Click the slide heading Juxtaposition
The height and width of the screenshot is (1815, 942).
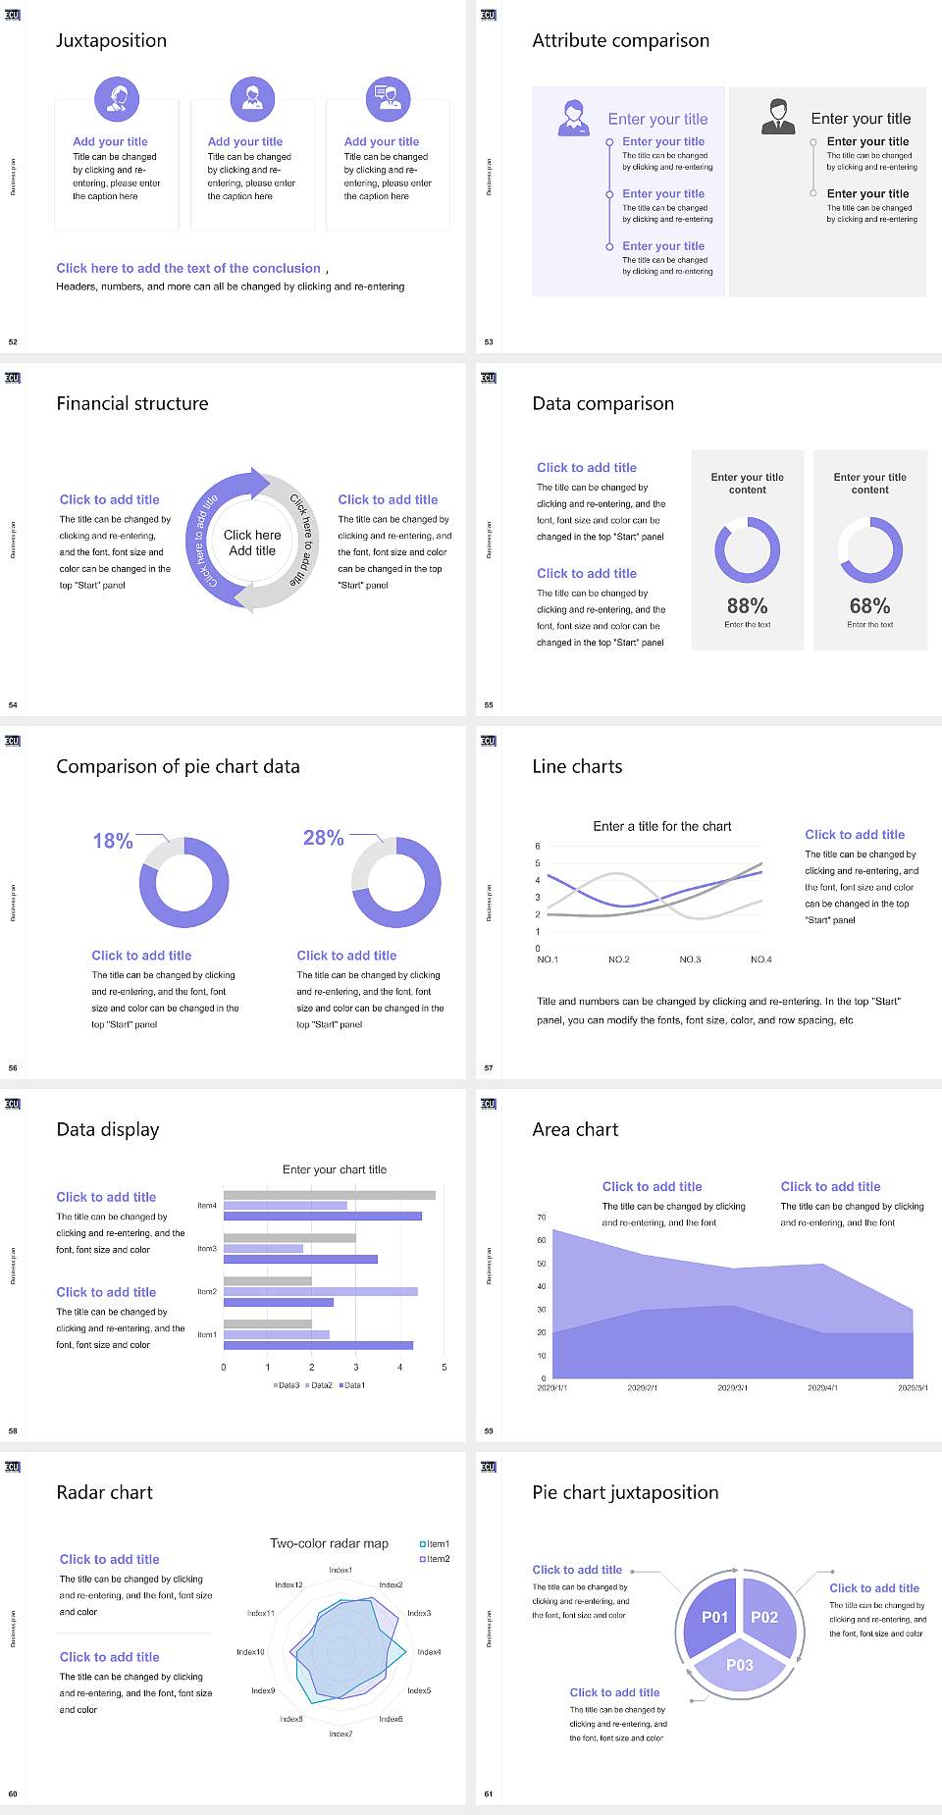point(111,40)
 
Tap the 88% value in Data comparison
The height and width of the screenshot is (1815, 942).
point(747,605)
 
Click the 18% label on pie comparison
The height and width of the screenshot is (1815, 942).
point(112,841)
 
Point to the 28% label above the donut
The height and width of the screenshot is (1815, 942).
point(323,837)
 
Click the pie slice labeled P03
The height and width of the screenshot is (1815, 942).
point(739,1665)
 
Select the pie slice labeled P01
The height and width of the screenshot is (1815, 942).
point(714,1617)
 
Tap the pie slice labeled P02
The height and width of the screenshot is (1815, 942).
point(764,1617)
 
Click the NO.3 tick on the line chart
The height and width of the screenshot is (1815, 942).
point(690,959)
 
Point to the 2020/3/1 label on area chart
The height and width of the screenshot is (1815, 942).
point(732,1387)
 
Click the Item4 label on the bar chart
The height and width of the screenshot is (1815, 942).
point(207,1205)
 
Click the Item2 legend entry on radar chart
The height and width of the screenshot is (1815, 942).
point(435,1558)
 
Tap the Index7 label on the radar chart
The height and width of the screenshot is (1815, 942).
point(340,1734)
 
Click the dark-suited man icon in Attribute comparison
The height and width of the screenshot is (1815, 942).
point(778,116)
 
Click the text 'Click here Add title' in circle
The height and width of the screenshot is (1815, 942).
point(252,543)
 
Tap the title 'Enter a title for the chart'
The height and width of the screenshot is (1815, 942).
point(662,826)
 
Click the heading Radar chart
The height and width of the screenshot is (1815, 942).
point(104,1492)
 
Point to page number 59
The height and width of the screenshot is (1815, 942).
point(489,1430)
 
